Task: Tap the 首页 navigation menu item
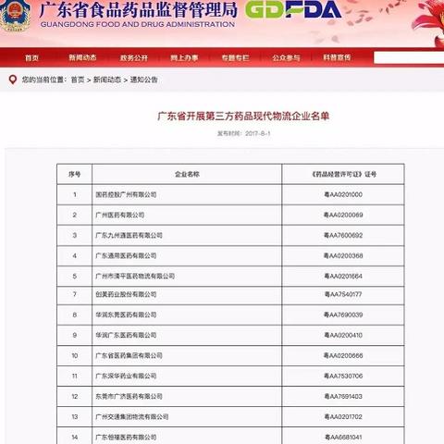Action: tap(32, 57)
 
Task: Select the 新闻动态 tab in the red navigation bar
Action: tap(81, 57)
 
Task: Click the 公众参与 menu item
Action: tap(285, 57)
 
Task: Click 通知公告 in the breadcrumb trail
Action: tap(143, 80)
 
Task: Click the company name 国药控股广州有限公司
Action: tap(127, 194)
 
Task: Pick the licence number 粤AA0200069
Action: tap(343, 215)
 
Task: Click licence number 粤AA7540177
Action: tap(343, 295)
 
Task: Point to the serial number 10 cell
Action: tap(74, 355)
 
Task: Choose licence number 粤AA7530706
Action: tap(343, 376)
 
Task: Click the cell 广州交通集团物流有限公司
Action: tap(132, 416)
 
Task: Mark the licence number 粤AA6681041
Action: tap(343, 437)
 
